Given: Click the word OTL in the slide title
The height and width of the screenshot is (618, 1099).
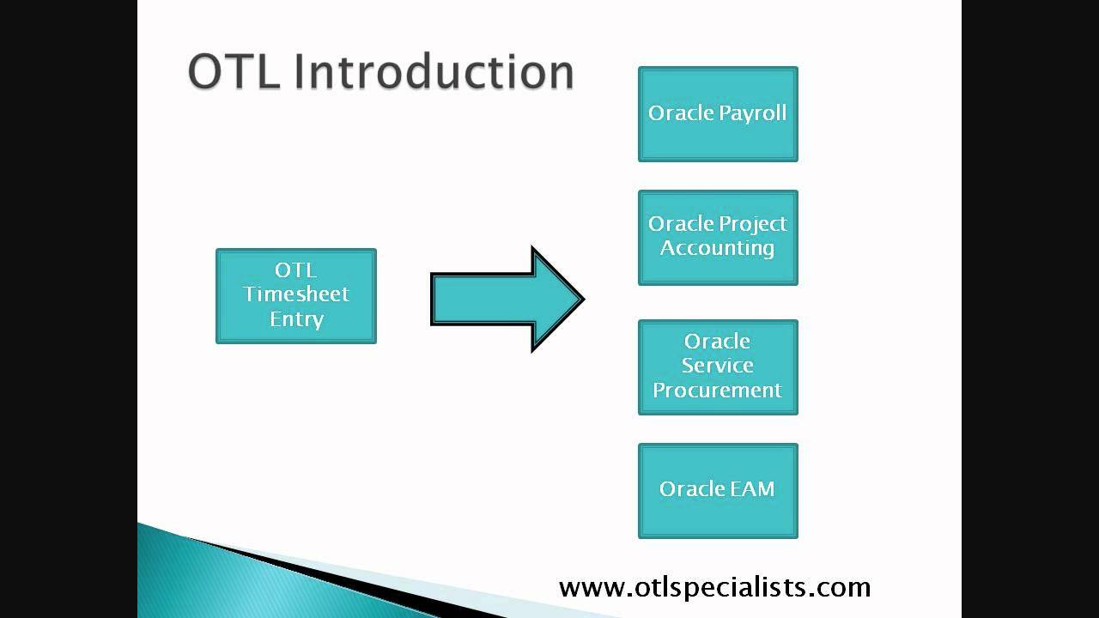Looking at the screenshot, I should coord(234,71).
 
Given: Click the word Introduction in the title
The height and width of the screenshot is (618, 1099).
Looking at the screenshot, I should coord(434,71).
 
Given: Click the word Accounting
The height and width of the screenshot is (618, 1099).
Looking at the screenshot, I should coord(718,248).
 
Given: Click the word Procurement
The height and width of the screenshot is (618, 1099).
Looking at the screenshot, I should coord(718,390).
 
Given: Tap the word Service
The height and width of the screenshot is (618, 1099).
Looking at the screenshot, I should coord(718,366).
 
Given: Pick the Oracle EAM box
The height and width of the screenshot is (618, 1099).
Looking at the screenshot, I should coord(718,515).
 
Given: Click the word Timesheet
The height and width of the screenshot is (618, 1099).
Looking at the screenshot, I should coord(296,294).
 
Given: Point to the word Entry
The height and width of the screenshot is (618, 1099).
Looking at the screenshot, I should coord(296,319).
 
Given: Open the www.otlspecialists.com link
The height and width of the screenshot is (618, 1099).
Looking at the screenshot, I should coord(714,587).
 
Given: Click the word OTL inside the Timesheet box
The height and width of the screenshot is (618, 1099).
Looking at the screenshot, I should coord(296,270).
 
